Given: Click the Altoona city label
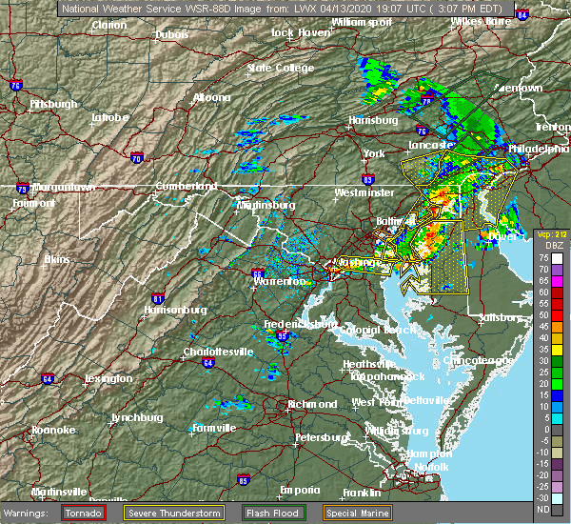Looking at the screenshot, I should click(x=211, y=97).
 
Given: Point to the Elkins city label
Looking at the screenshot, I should click(x=60, y=258).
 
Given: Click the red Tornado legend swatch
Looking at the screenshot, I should click(x=83, y=513).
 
